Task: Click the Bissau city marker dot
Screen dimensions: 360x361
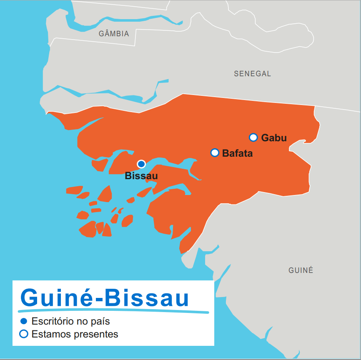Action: pos(141,164)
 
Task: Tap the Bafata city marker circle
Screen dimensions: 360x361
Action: pos(215,152)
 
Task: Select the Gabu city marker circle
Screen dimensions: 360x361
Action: pos(253,137)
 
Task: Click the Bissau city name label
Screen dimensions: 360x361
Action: pos(141,176)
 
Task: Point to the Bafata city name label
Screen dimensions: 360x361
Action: pos(237,153)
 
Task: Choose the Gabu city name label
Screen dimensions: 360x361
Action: pos(274,138)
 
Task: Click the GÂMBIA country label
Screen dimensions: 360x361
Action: pos(114,34)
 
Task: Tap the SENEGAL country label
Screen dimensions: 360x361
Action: pos(252,74)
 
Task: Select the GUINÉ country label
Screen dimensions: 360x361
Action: pos(301,270)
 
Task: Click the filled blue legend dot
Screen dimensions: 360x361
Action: pos(24,321)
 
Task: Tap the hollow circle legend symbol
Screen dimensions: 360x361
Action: pos(24,334)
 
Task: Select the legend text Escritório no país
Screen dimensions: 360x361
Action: pos(70,322)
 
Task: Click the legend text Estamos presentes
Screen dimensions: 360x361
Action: pos(75,334)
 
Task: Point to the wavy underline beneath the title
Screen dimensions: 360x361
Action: pos(113,311)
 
